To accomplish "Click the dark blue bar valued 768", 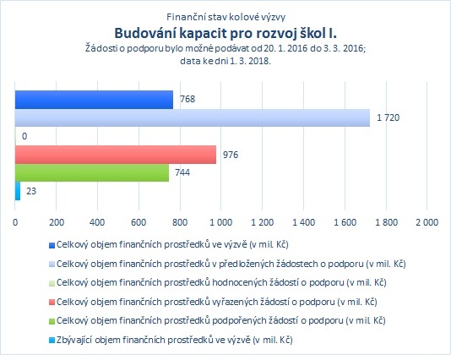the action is (94, 100).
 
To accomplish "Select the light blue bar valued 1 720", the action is (193, 117).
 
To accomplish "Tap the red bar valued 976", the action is (116, 155).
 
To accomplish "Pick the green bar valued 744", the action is (92, 172).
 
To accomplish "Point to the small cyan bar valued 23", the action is (18, 191).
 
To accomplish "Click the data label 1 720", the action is (388, 117).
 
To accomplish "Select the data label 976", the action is (231, 155).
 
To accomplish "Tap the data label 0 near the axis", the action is (24, 136).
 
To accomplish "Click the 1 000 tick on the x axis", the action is (220, 222).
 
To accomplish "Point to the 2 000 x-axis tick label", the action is (427, 222).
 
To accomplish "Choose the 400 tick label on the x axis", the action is (97, 222).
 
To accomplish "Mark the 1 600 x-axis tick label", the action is (345, 222).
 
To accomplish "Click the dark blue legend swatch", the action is (52, 245).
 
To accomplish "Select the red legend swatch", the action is (52, 303).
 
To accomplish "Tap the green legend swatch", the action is (52, 321).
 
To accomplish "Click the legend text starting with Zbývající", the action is (174, 341).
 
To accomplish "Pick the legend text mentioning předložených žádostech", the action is (231, 264).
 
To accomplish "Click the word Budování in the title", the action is (145, 33).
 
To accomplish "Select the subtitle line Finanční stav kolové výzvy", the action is (225, 17).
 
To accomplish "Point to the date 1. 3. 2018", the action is (249, 61).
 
